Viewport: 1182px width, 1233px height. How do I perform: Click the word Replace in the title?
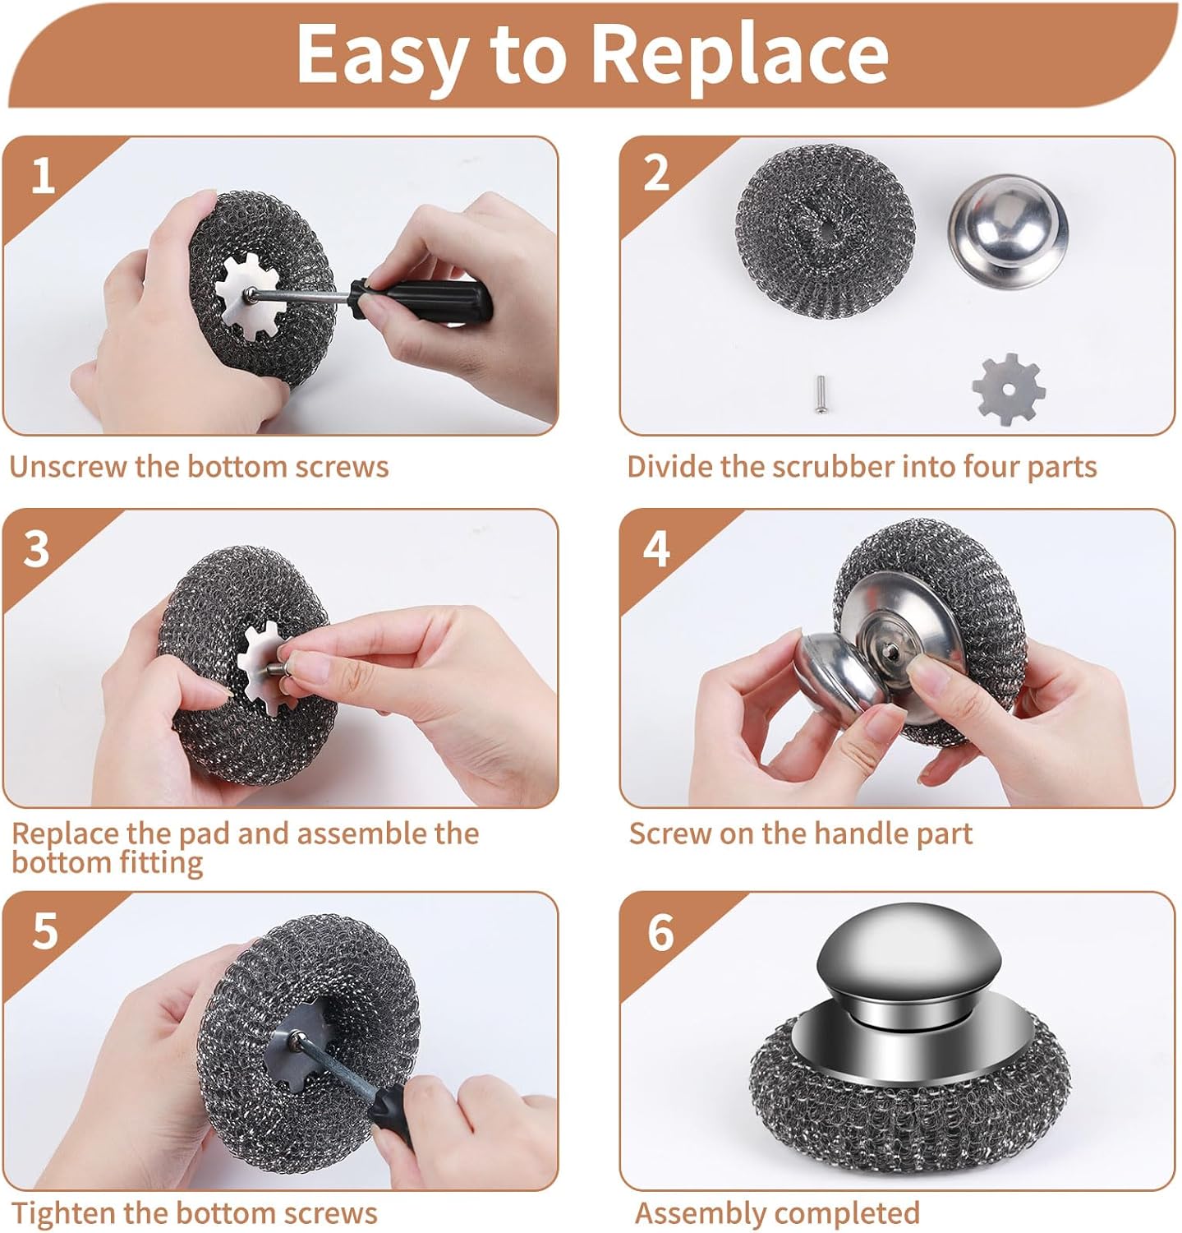(738, 54)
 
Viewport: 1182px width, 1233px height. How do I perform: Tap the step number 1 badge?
(43, 175)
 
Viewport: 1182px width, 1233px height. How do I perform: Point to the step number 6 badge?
(660, 931)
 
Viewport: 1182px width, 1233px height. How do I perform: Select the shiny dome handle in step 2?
(1008, 231)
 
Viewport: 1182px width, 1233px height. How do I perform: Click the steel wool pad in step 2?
(825, 229)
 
